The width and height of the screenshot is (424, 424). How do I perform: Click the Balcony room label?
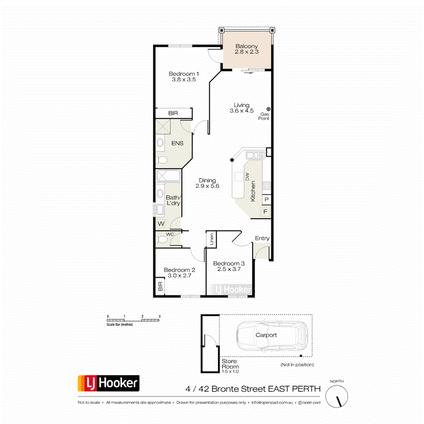click(247, 46)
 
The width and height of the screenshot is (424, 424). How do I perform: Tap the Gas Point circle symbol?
click(268, 109)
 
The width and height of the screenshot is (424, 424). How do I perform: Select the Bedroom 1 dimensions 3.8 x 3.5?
click(184, 80)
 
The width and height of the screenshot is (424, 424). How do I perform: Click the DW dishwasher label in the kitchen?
click(248, 177)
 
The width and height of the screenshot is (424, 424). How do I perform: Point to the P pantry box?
click(266, 200)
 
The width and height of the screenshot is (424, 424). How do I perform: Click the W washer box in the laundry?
click(161, 224)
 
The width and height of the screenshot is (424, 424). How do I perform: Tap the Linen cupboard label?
click(212, 238)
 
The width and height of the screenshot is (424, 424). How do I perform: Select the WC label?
click(170, 234)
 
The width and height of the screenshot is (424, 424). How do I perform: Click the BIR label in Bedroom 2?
click(160, 287)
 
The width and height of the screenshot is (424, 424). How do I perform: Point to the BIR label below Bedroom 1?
click(173, 113)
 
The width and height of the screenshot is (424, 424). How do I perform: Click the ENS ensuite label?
click(177, 143)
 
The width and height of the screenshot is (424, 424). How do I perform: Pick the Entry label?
click(262, 238)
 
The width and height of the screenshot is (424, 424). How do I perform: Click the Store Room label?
click(230, 363)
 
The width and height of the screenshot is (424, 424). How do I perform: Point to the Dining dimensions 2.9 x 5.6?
click(207, 186)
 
